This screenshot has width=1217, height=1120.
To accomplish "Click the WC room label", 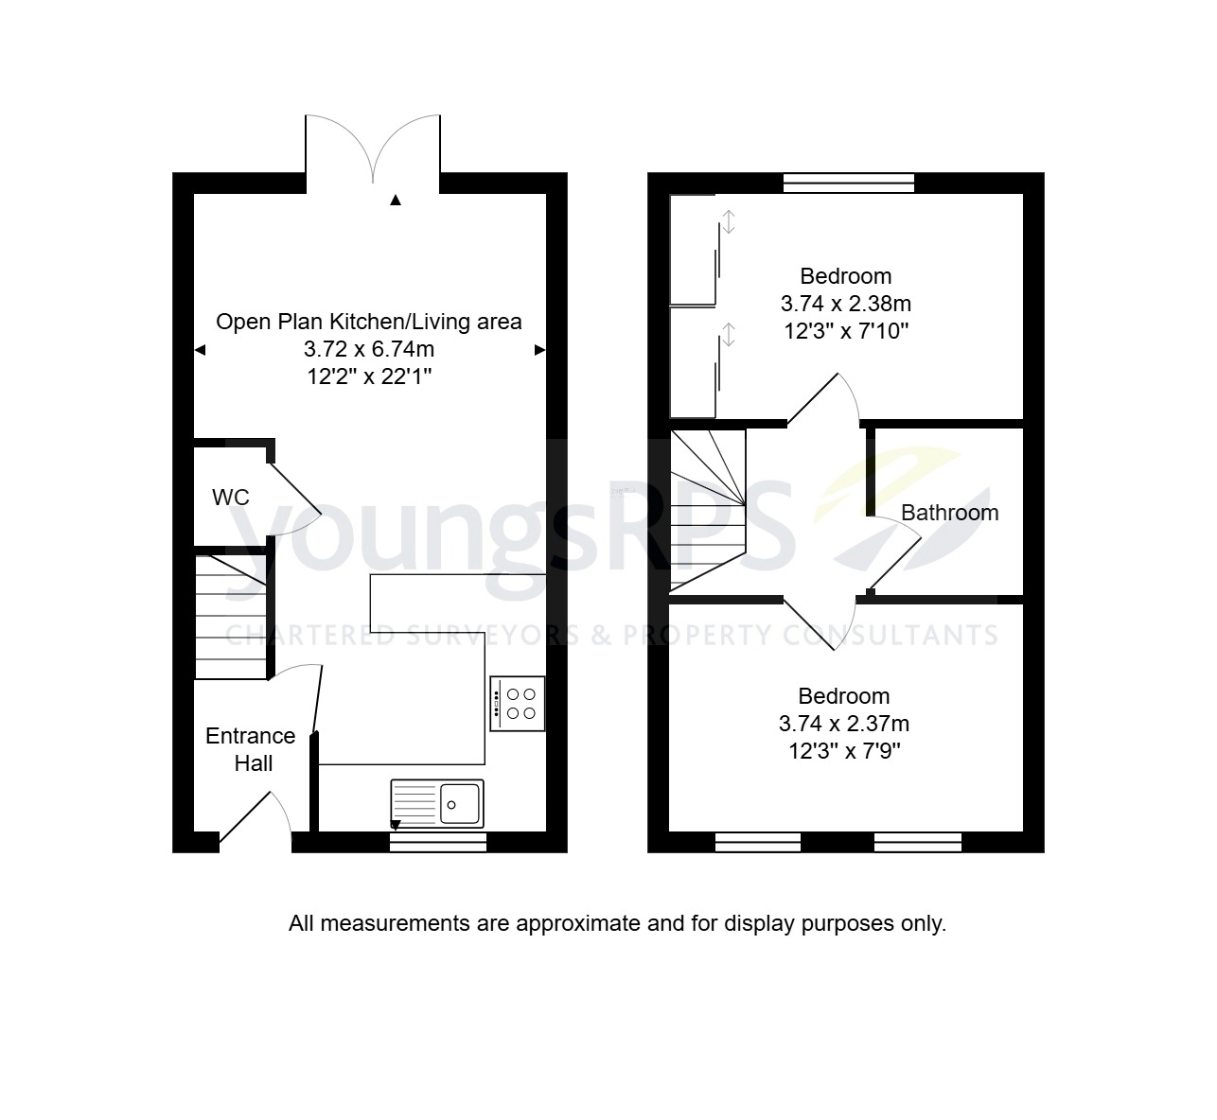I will (x=230, y=497).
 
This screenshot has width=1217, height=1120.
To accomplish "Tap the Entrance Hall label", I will (x=251, y=749).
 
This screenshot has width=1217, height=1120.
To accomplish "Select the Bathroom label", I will (x=949, y=513).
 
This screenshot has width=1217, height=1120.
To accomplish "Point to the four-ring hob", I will (x=518, y=704).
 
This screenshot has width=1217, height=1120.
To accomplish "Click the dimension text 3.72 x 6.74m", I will (x=369, y=349).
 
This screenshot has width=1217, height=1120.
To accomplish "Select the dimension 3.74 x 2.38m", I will (x=845, y=304).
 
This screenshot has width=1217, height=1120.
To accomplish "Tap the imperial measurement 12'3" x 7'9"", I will (x=843, y=752).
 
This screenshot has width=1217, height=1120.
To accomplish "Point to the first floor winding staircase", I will (x=708, y=509).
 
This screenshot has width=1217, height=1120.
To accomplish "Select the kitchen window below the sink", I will (x=438, y=842).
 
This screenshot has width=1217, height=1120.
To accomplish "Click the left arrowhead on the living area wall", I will (x=200, y=350).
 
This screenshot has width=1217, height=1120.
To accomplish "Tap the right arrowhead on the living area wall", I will (x=540, y=350).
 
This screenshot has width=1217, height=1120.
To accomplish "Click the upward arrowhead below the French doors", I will (x=396, y=200).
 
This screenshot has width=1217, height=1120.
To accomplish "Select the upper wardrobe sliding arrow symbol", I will (x=729, y=222).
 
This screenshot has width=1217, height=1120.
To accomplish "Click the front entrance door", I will (x=254, y=819).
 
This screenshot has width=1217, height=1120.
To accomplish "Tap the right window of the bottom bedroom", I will (x=917, y=842).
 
